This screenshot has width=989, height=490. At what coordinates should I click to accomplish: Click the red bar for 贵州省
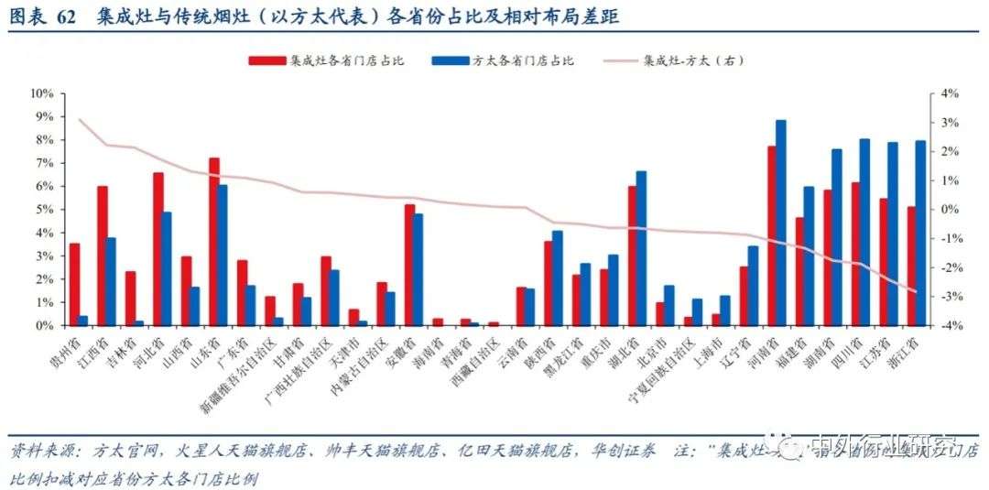[75, 284]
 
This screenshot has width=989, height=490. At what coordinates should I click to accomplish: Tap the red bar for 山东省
[214, 242]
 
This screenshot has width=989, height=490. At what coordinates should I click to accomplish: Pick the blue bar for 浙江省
[920, 233]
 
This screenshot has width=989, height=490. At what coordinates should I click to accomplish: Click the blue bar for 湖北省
[642, 248]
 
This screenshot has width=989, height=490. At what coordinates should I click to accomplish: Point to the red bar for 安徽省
[409, 265]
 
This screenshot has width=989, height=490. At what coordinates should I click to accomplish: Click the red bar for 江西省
[103, 256]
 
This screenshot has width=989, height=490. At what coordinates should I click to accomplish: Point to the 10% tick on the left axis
[43, 93]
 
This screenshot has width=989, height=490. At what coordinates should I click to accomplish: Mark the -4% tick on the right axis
[947, 325]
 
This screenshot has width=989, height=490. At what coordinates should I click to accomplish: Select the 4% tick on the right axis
[947, 93]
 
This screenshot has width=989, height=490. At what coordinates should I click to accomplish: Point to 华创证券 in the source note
[633, 452]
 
